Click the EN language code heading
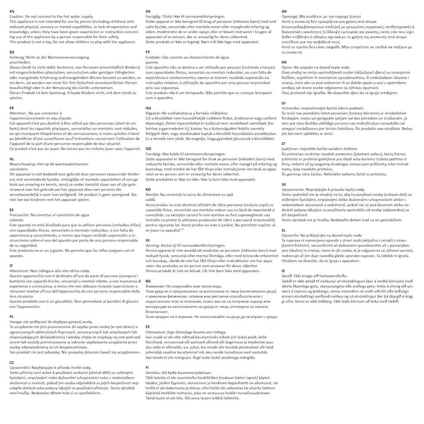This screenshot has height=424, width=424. coord(12,11)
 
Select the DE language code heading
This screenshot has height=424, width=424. coord(12,52)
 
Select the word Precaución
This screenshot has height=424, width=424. coord(20,215)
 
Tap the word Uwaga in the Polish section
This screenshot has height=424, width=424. coord(16,321)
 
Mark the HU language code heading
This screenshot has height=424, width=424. coord(149,108)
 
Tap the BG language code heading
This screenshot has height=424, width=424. coord(148,281)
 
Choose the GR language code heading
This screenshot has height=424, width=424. coord(284,11)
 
